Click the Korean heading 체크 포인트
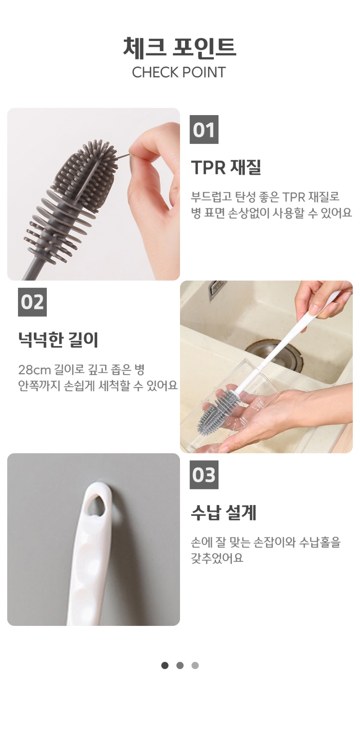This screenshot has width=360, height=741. [x=180, y=47]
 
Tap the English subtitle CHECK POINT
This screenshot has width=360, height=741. [x=179, y=72]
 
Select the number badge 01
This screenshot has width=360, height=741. [x=204, y=130]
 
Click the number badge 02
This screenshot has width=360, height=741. [x=32, y=302]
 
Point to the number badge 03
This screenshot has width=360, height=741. [x=204, y=475]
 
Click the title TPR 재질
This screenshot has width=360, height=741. [x=226, y=167]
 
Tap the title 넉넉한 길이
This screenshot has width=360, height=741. [x=58, y=340]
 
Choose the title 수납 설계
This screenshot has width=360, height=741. [x=224, y=513]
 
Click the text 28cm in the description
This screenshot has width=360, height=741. [x=34, y=370]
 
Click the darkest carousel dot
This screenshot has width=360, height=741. [x=165, y=665]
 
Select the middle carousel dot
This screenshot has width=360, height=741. [x=180, y=665]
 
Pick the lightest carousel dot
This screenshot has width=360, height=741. [x=195, y=665]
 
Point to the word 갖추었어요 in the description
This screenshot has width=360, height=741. [x=217, y=559]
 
